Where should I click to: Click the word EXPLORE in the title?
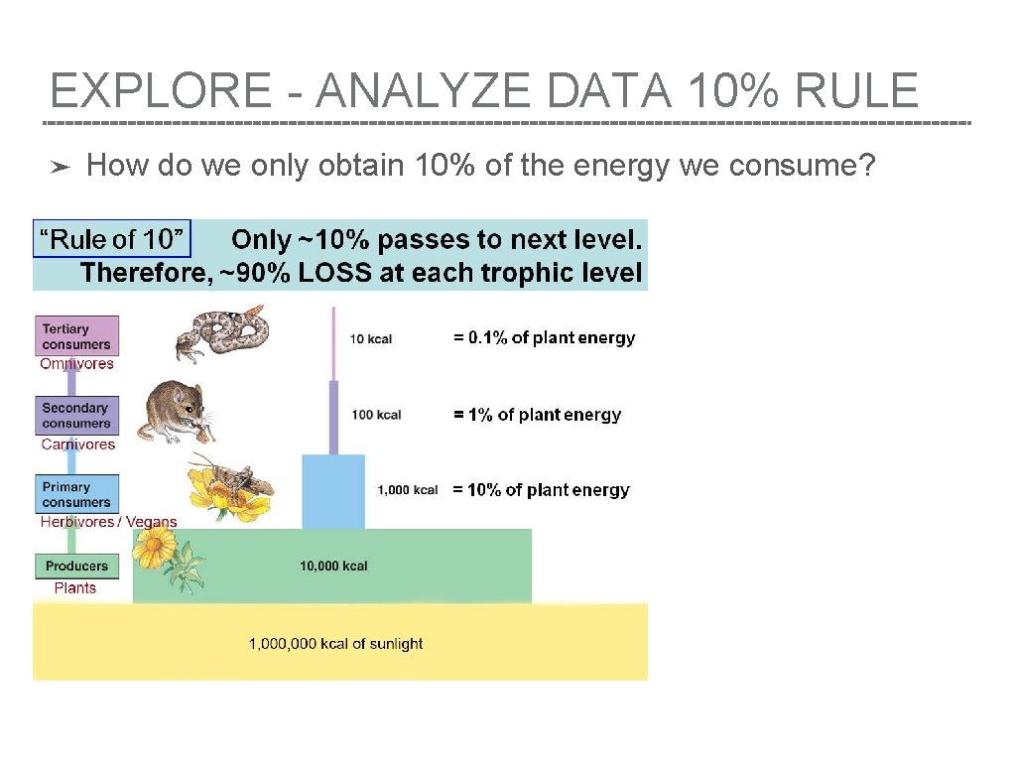click(160, 91)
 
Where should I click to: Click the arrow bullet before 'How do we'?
click(61, 168)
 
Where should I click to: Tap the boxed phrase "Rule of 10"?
click(111, 239)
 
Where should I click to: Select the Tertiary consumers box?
click(77, 336)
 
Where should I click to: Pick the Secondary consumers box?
click(77, 416)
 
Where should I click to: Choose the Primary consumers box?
click(77, 494)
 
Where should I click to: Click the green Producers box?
click(77, 566)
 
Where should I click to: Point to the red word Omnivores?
click(77, 364)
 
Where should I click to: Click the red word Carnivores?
click(78, 444)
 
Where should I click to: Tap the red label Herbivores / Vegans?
click(108, 522)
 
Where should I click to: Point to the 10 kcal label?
click(371, 339)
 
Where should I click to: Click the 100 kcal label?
click(376, 414)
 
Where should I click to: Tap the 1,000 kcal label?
click(407, 490)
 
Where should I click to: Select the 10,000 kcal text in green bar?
click(333, 567)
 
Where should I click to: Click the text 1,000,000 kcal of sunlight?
click(335, 644)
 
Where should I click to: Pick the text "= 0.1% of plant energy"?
click(544, 338)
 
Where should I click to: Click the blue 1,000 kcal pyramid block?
click(332, 490)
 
